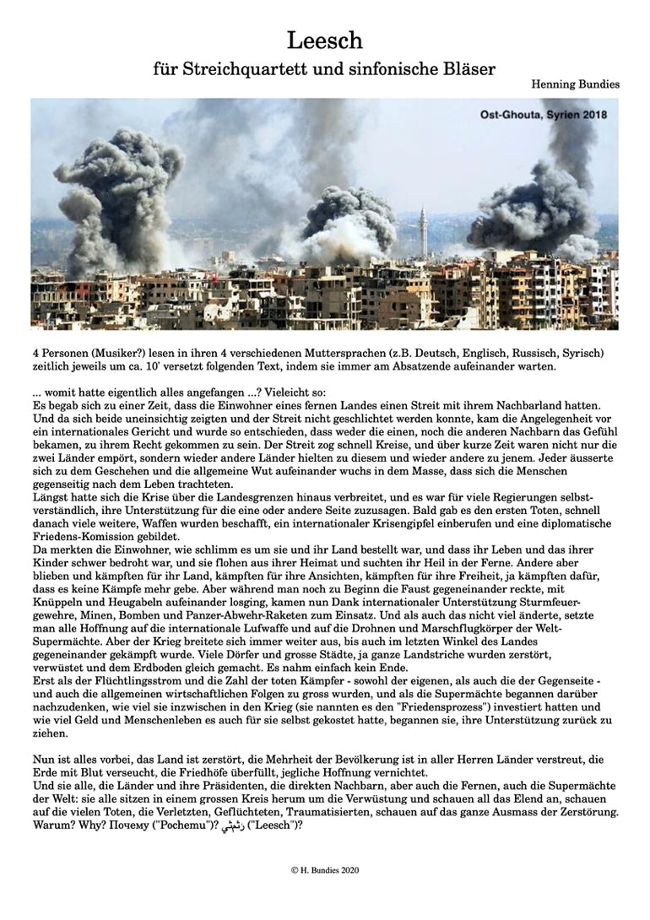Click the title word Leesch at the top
click(x=324, y=41)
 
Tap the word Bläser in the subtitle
click(x=466, y=70)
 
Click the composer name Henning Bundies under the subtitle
click(x=575, y=85)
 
